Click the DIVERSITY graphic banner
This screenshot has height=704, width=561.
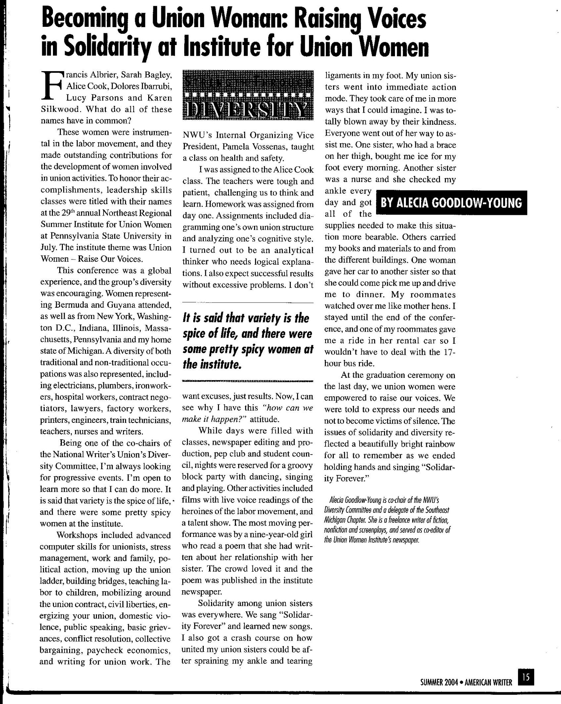click(248, 95)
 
